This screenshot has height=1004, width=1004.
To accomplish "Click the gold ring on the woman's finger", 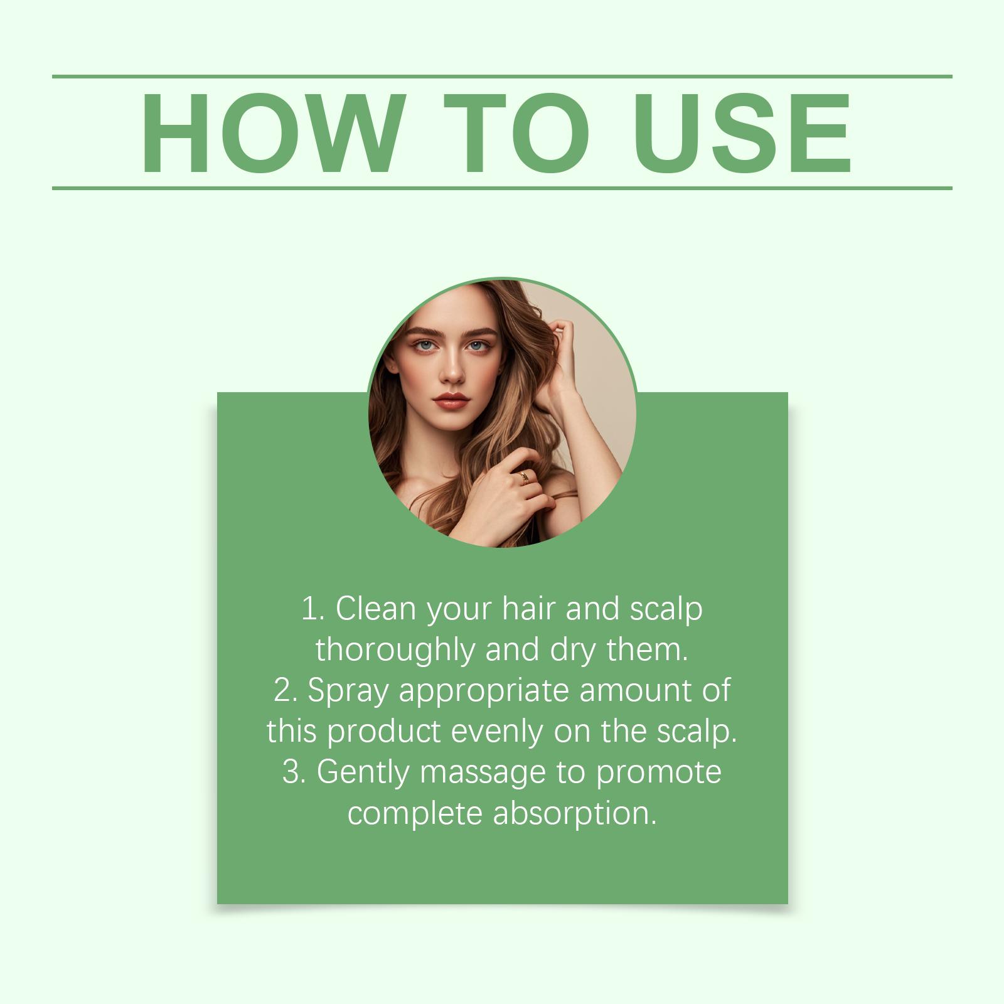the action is point(523,478).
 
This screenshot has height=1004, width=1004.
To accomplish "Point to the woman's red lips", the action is point(451,400).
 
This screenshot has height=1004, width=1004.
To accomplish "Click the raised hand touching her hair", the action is point(560,358).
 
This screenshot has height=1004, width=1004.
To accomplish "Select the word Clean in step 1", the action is point(376,608).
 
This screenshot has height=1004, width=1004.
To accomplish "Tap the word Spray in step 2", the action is point(348,691).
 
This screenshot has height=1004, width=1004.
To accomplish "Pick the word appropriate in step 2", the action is point(483,691).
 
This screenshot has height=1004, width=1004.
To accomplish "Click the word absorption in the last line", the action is point(575,813).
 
